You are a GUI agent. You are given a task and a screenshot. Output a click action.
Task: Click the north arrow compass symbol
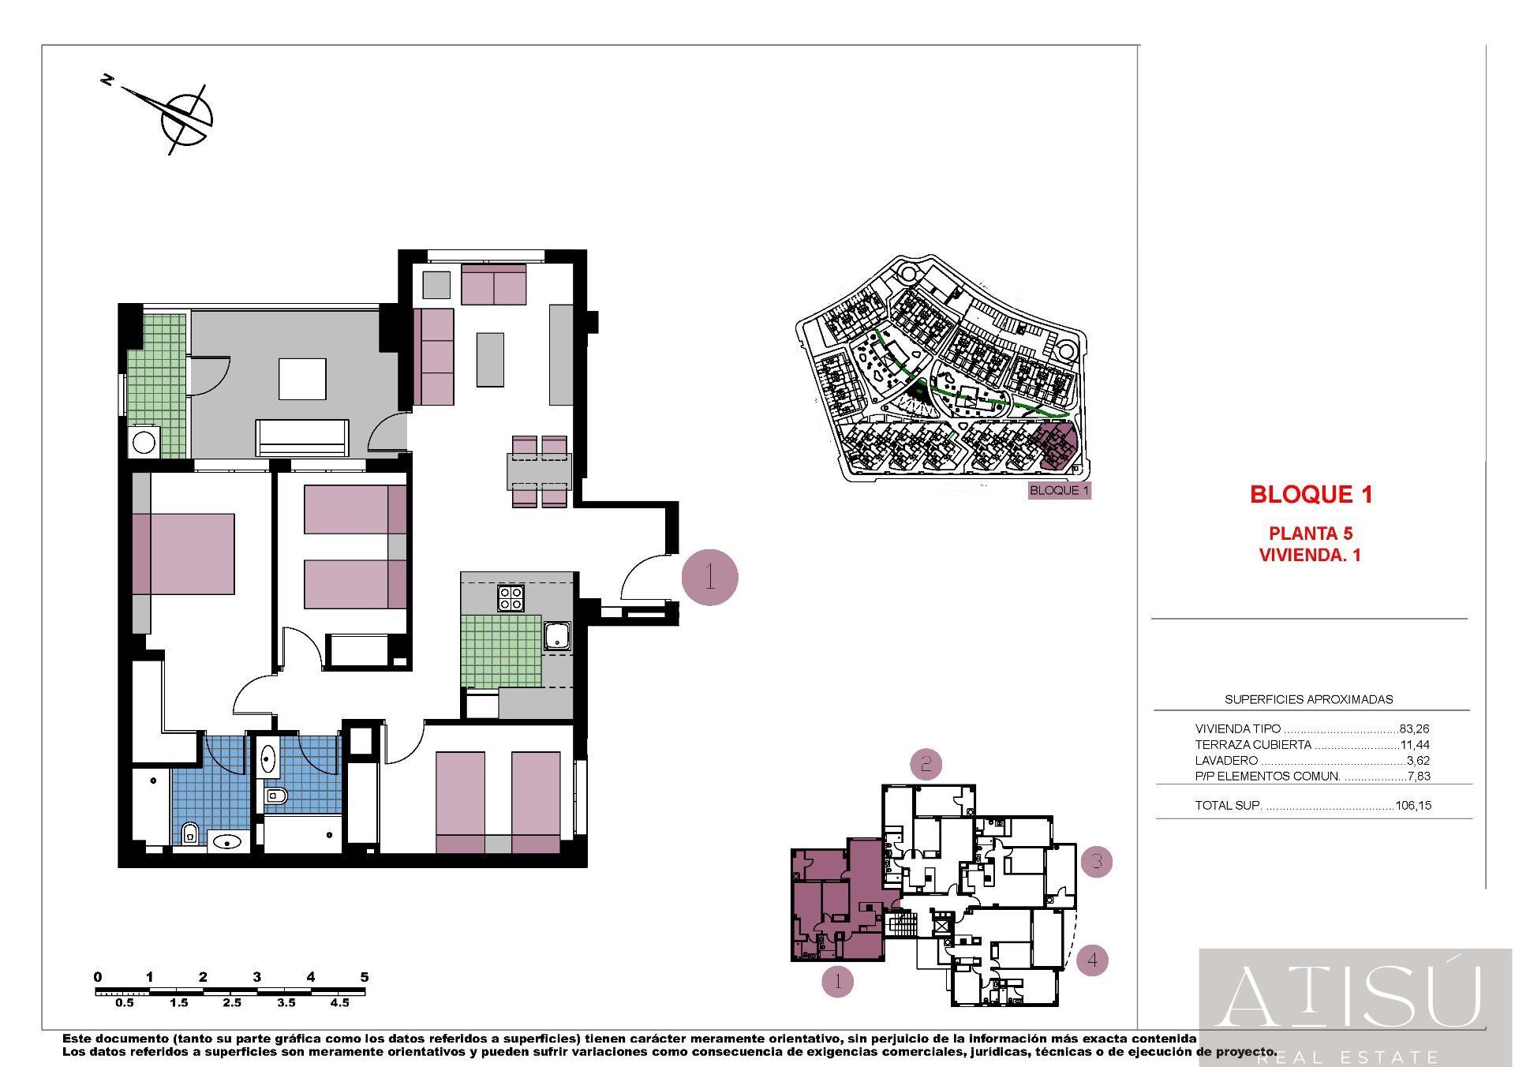coord(186,118)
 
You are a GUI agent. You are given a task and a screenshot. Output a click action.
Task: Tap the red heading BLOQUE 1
coord(1311,495)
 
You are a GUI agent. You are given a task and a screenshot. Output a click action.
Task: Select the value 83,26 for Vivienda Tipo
coord(1415,729)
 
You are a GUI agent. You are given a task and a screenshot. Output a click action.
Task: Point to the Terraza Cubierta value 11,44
coord(1415,745)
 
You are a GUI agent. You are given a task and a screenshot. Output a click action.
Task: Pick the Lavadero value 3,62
coord(1418,761)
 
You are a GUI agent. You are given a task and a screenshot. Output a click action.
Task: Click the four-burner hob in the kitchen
coord(511,598)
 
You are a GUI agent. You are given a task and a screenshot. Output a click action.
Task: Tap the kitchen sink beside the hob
coord(557,635)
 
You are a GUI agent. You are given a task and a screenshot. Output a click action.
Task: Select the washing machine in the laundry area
coord(144,442)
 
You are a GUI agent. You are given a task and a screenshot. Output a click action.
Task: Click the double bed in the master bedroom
coord(183,553)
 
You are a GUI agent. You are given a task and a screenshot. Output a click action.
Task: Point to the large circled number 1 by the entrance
coord(709,578)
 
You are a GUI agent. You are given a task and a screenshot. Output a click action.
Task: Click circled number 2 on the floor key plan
coord(926,764)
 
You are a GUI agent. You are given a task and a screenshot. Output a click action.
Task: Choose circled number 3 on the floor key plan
coord(1097,861)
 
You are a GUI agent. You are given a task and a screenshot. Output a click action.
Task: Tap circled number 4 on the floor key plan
coord(1092,960)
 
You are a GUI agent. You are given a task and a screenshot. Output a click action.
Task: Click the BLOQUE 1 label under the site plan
coord(1060,490)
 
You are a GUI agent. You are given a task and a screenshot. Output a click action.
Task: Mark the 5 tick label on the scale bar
coord(365,977)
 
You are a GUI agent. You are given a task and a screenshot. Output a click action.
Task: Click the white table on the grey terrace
coord(302,379)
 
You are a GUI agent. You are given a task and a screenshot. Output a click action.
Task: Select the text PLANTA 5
coord(1311,533)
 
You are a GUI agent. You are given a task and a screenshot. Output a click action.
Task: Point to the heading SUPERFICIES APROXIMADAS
coord(1308,699)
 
